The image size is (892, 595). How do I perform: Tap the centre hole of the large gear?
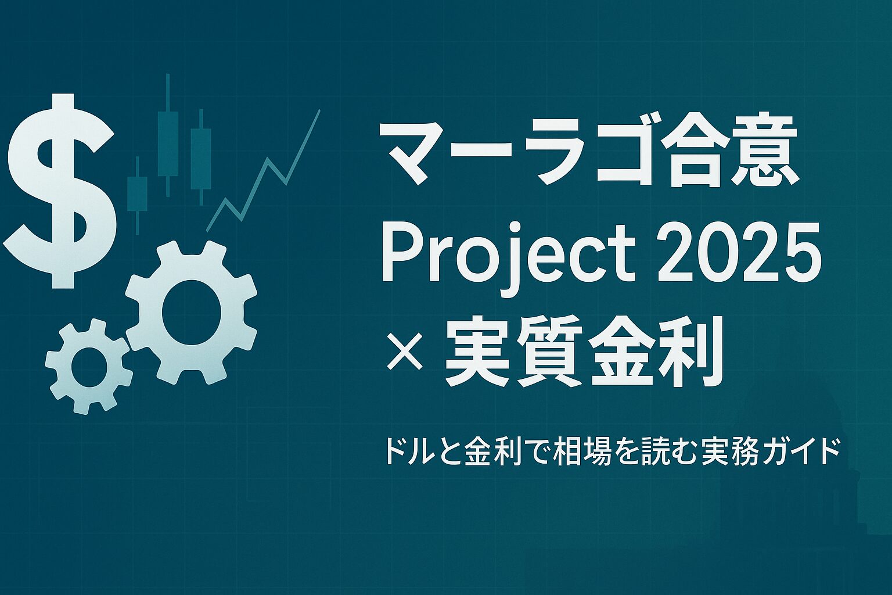tap(191, 313)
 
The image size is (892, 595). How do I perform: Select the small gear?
tap(88, 366)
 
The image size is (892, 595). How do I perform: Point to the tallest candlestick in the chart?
tap(168, 135)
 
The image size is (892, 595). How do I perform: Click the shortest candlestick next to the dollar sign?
tap(138, 195)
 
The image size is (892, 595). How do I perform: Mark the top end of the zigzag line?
tap(320, 110)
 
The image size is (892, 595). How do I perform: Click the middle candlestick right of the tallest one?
tap(201, 157)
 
